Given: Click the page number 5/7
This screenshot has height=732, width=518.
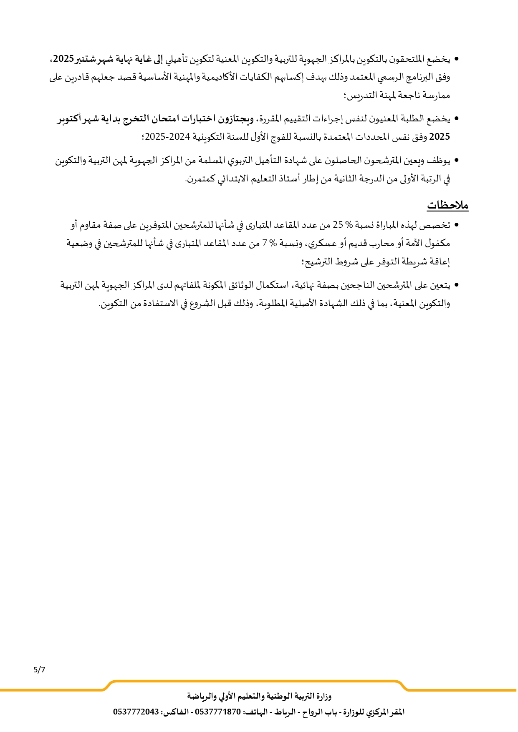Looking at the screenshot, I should point(39,670).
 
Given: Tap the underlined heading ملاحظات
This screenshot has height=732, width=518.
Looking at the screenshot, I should point(447,205).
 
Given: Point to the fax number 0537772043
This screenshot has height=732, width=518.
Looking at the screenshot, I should point(136,712).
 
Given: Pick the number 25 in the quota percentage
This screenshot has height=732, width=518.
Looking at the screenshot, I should point(338,225).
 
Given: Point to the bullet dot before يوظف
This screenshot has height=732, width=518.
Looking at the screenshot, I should point(456,161).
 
